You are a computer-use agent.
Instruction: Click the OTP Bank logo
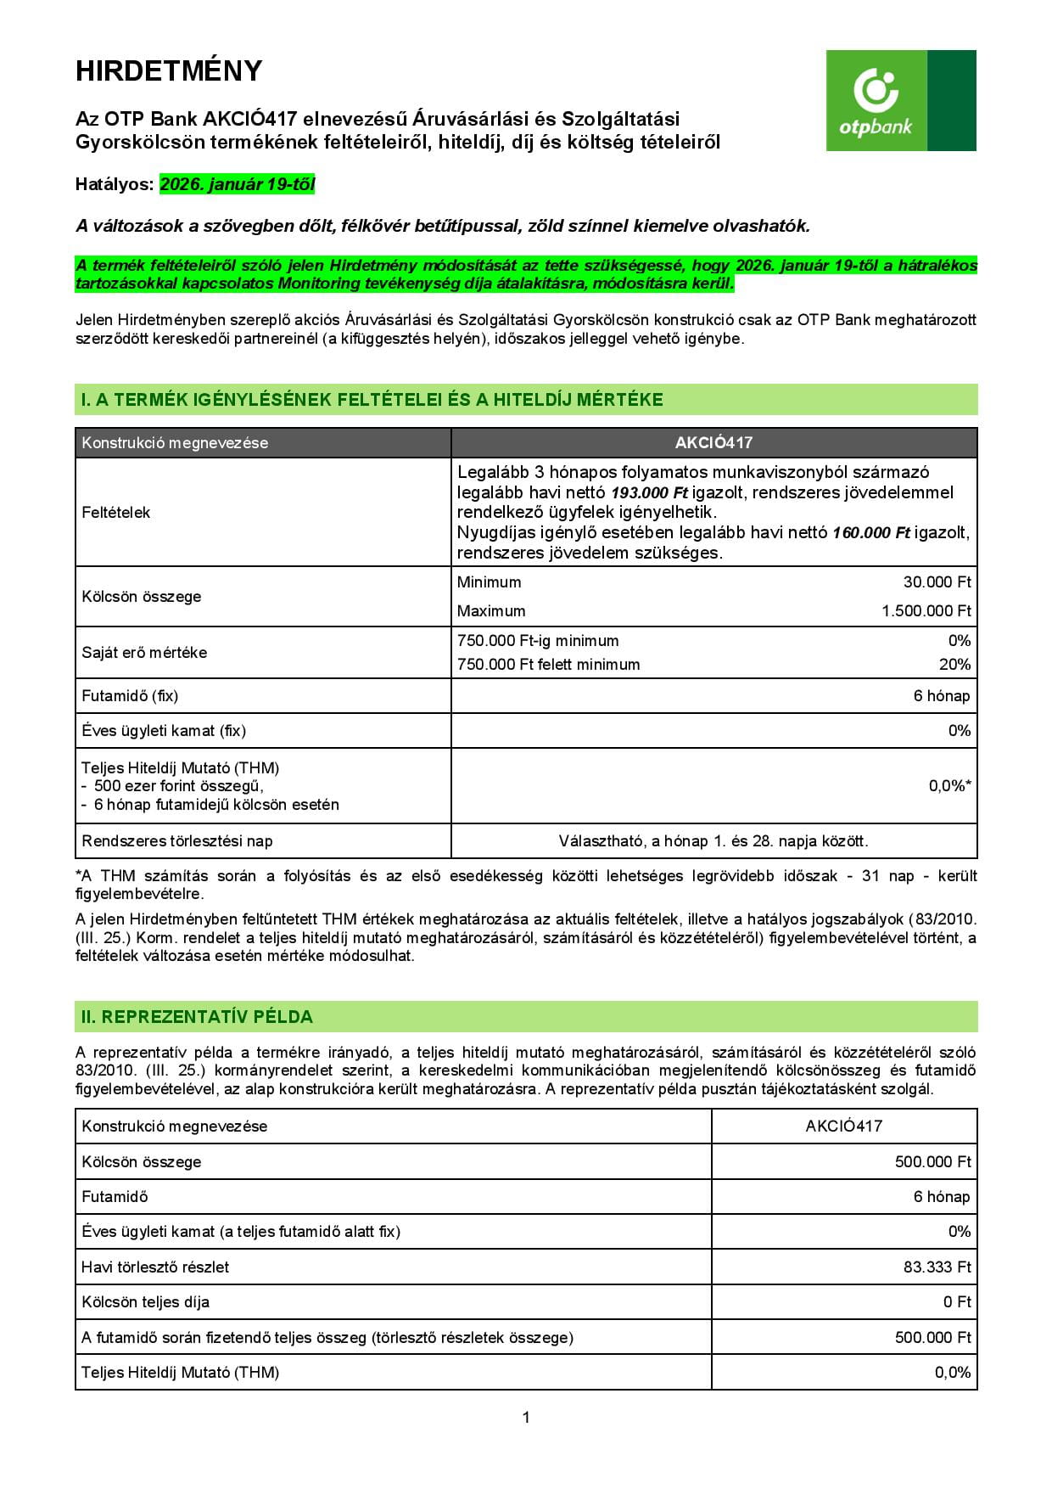pos(900,100)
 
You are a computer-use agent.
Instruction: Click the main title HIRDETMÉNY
pos(169,71)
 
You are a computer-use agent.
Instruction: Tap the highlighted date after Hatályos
pos(237,184)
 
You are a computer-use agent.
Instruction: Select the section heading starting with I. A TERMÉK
pos(372,400)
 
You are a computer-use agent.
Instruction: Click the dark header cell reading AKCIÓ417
pos(713,442)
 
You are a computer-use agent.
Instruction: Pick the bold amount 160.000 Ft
pos(871,533)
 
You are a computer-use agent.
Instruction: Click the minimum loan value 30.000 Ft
pos(937,582)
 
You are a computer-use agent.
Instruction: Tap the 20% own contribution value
pos(954,665)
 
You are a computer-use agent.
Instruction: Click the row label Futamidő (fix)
pos(130,696)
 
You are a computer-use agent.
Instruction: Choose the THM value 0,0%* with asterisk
pos(949,786)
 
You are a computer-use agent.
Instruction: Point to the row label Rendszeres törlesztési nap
pos(177,841)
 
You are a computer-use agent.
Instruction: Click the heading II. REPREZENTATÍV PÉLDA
pos(197,1017)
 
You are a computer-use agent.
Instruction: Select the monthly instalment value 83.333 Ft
pos(937,1267)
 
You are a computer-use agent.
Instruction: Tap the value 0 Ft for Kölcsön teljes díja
pos(956,1302)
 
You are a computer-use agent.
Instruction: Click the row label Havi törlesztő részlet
pos(155,1267)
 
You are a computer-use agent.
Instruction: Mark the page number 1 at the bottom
pos(526,1417)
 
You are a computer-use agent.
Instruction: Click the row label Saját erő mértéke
pos(144,653)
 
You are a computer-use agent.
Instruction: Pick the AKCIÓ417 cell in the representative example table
pos(843,1127)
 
